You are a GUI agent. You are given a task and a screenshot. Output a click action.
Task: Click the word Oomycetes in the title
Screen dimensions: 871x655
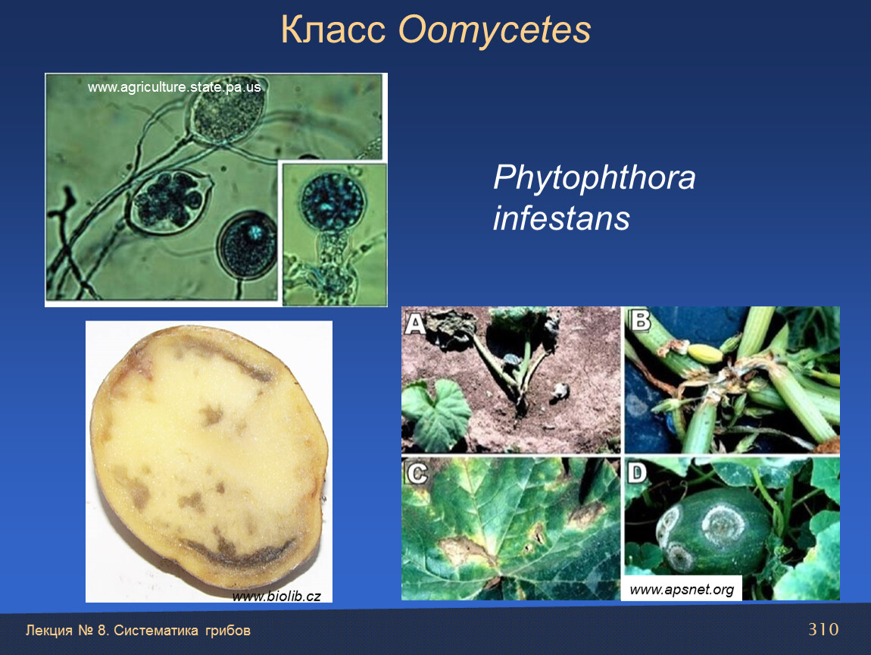point(495,30)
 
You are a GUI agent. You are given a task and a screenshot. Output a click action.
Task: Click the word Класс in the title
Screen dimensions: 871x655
point(332,30)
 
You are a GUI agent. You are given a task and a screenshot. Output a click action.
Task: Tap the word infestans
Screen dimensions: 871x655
point(561,218)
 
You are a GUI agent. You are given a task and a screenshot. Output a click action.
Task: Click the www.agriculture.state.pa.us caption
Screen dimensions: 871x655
point(174,87)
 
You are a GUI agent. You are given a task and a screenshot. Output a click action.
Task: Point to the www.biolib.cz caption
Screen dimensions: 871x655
point(276,596)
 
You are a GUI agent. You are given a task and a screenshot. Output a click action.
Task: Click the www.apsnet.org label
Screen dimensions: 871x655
point(682,589)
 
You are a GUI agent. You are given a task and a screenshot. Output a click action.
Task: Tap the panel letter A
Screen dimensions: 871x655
point(415,323)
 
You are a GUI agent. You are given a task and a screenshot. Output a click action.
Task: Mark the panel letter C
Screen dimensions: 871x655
point(417,473)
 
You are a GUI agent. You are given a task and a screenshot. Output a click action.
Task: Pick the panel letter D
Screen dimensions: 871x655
point(637,473)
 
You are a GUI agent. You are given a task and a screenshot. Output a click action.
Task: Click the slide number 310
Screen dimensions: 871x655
point(823,629)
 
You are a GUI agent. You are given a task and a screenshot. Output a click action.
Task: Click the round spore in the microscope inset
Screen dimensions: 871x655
point(332,201)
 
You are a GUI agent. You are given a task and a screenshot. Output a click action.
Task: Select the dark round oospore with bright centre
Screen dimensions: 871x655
point(247,245)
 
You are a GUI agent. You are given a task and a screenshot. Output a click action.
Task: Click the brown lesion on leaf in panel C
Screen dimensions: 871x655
point(464,551)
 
